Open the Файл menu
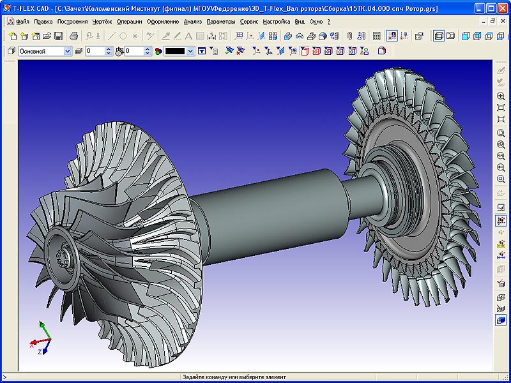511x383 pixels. coord(22,21)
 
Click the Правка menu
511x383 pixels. coord(43,21)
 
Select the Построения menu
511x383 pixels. coord(72,21)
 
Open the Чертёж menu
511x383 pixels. coord(102,21)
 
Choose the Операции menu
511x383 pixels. coord(130,21)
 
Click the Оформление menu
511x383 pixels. coord(163,21)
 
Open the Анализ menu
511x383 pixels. coord(192,21)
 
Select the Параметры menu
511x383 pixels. coord(220,21)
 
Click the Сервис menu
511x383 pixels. coord(249,21)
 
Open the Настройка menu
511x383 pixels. coord(276,21)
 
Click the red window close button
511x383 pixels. coord(502,8)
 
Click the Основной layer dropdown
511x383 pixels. coord(45,51)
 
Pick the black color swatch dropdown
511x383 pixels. coord(179,51)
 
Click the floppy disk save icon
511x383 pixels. coord(58,36)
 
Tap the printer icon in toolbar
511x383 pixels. coord(73,36)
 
